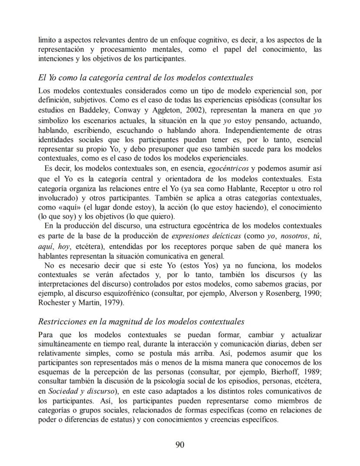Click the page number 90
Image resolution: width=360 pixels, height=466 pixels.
coord(180,444)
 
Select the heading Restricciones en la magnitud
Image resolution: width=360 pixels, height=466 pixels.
coord(141,322)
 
